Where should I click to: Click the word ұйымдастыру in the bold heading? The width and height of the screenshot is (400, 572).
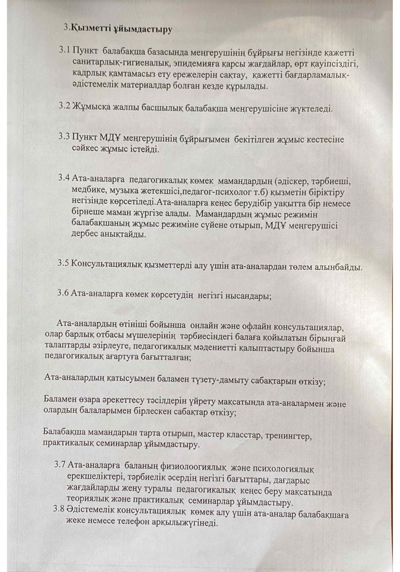click(x=142, y=26)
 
